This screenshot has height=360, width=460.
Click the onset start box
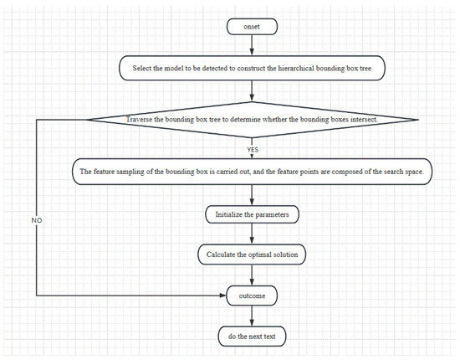252,27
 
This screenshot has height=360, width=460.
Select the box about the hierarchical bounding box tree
252,68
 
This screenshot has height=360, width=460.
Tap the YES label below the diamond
253,150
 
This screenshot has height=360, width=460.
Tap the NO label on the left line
37,220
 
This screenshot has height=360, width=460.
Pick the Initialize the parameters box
252,214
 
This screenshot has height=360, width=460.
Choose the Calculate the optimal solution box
252,255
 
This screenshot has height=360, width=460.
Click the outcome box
252,296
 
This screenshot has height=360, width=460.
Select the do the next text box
252,337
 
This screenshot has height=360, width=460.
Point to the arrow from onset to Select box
252,45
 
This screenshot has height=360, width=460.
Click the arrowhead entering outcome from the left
223,295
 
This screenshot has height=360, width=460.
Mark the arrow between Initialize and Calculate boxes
252,234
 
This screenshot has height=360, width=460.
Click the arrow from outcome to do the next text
252,316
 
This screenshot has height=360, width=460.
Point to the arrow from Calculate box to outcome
252,275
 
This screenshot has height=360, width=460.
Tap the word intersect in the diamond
365,120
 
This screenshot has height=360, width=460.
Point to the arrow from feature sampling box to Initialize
252,195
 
